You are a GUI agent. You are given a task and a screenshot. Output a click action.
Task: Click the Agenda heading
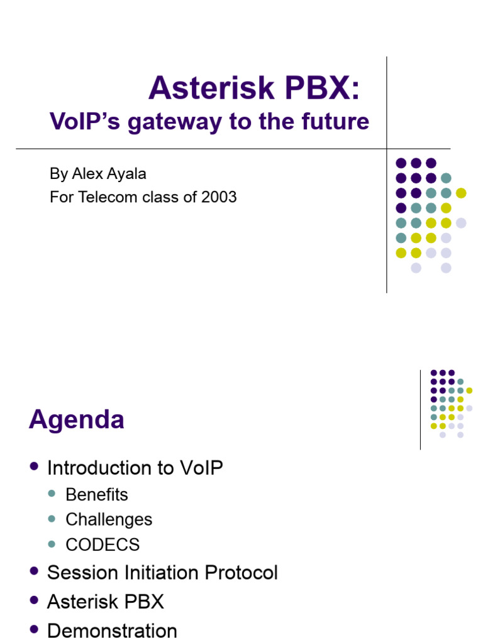pos(76,419)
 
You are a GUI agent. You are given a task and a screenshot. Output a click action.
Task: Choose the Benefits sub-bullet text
pos(96,495)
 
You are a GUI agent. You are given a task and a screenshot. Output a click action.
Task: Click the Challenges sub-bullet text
pos(109,520)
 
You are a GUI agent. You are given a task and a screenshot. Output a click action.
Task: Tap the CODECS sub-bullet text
pos(103,544)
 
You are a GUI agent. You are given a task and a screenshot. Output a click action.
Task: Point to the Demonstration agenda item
pos(112,630)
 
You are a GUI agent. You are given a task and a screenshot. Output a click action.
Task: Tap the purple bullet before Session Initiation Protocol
pos(34,571)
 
